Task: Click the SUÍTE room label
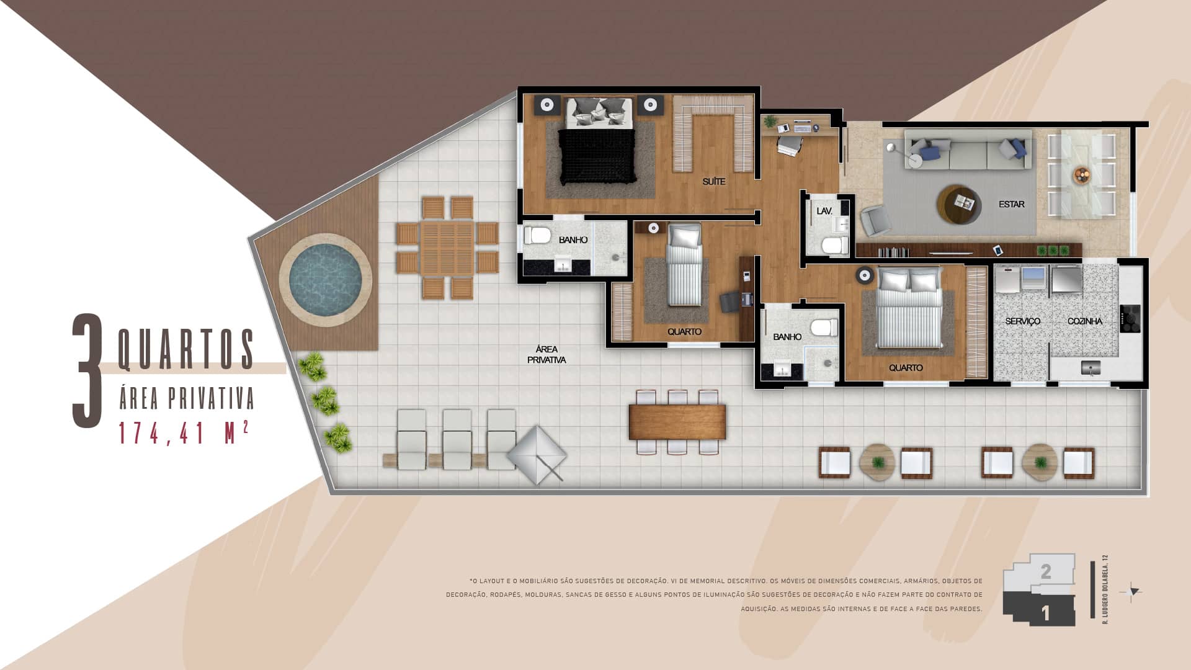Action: (x=714, y=182)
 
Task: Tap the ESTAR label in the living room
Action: (x=1011, y=204)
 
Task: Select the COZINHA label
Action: (x=1085, y=321)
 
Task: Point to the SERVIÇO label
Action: (x=1022, y=321)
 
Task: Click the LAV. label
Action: (x=824, y=212)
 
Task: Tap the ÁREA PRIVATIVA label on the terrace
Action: (x=546, y=354)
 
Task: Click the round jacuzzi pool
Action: (x=325, y=280)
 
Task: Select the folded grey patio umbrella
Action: (x=537, y=454)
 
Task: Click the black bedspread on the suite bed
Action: (x=597, y=156)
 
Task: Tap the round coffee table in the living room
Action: (x=959, y=203)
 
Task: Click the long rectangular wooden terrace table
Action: (x=677, y=422)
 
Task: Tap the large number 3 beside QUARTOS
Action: (x=87, y=370)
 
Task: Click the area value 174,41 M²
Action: (x=184, y=433)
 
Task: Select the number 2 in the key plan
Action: (x=1046, y=571)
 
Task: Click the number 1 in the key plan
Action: (x=1046, y=614)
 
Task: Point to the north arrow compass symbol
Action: (x=1133, y=592)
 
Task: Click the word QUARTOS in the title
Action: (x=186, y=349)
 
